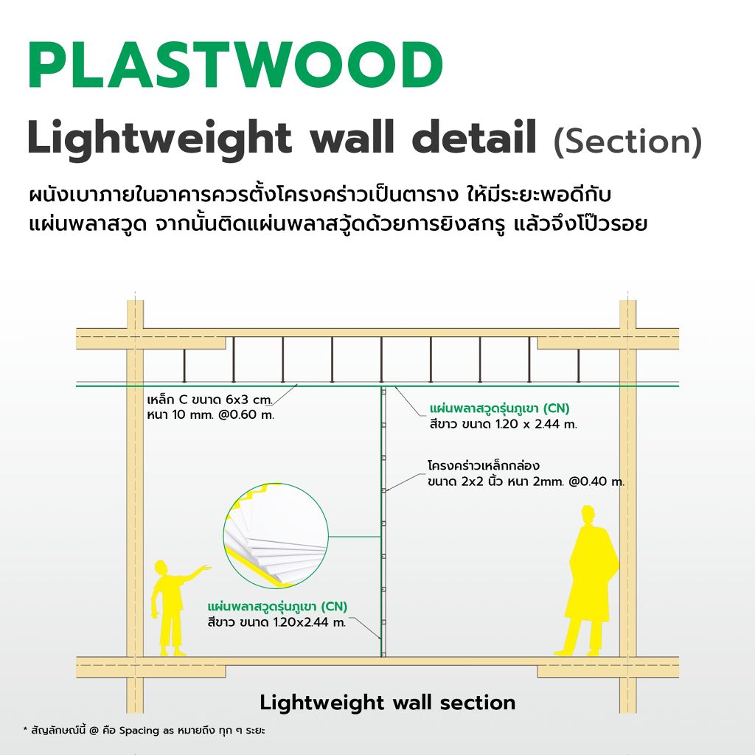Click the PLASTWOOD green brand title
coord(234,66)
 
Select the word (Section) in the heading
coord(627,142)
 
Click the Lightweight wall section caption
coord(387,702)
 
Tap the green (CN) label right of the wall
coord(557,408)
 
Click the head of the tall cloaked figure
coord(588,514)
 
